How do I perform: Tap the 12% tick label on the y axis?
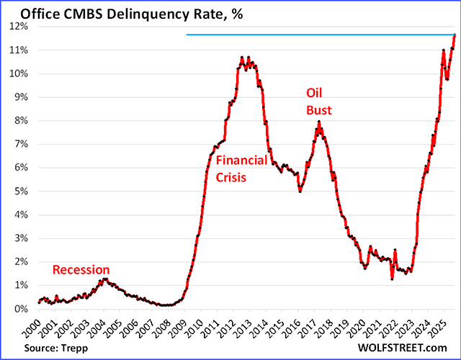click(x=18, y=26)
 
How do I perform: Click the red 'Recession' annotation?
click(x=81, y=270)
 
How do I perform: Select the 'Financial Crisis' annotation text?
click(x=241, y=168)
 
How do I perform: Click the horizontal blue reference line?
click(x=317, y=35)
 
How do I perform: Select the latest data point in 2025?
click(x=454, y=36)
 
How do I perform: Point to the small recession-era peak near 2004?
click(x=104, y=279)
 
